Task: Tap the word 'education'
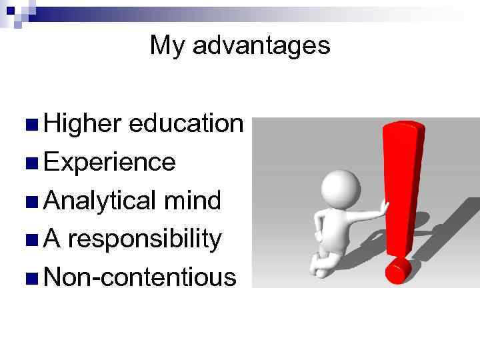point(187,123)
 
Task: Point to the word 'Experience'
point(110,162)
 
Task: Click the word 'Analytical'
point(100,200)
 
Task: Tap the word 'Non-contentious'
point(140,277)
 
